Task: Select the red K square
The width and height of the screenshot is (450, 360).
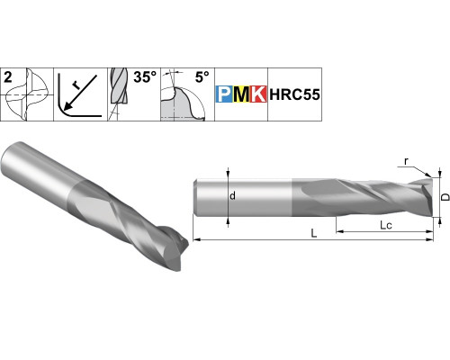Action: click(x=257, y=94)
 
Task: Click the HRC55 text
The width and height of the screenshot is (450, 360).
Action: click(x=294, y=94)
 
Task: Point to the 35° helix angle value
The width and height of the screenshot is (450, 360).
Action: click(x=145, y=76)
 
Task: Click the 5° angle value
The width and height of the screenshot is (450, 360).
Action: click(x=202, y=77)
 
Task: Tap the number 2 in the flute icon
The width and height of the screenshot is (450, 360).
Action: click(x=8, y=77)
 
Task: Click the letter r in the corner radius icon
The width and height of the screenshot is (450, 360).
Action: click(x=76, y=86)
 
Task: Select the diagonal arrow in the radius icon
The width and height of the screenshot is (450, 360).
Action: click(x=81, y=92)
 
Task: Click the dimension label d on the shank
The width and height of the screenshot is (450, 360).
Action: click(x=232, y=196)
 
